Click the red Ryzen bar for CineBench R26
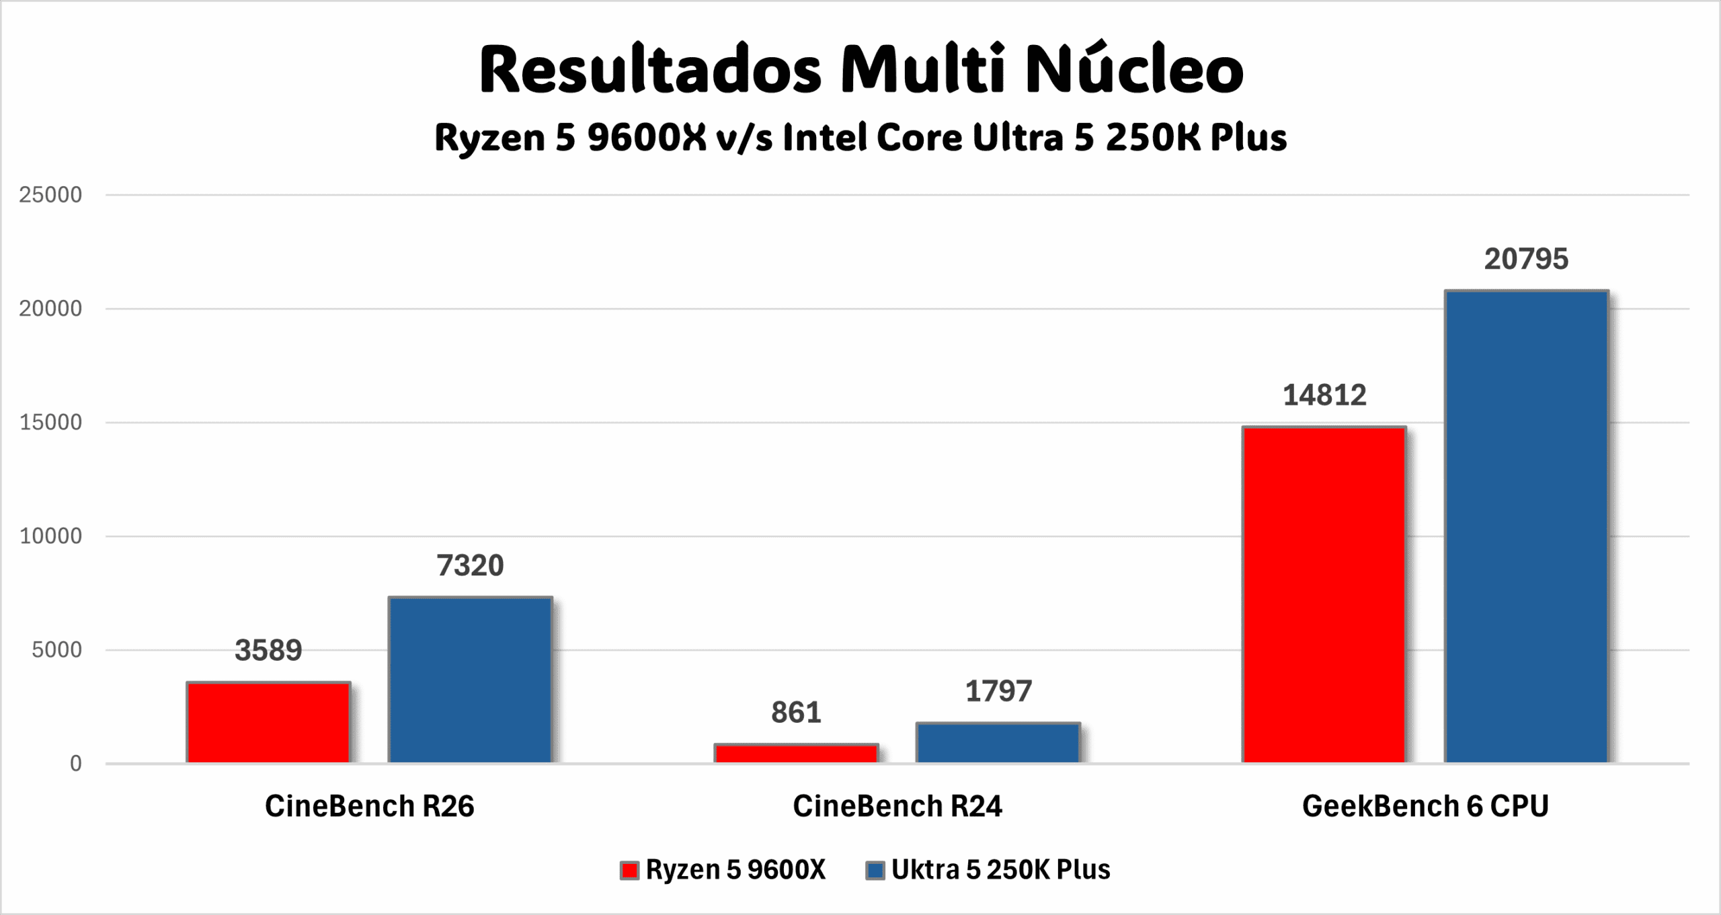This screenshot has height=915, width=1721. pos(268,723)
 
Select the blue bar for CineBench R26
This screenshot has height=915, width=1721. pos(470,680)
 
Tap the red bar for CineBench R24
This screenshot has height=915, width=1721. pos(796,754)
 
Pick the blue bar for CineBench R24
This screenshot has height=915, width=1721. pos(998,743)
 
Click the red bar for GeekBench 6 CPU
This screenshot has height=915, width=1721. pos(1324,594)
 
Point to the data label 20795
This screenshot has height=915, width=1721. pos(1526,260)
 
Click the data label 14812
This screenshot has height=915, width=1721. pos(1324,395)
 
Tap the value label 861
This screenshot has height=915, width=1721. pos(796,713)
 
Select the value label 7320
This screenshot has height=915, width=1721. pos(470,565)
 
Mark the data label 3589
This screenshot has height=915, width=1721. pos(268,650)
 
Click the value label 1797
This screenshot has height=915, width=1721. pos(998,691)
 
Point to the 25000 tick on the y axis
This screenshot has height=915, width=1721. pos(50,195)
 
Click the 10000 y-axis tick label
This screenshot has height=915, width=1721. pos(50,536)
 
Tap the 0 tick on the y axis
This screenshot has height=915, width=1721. pos(76,764)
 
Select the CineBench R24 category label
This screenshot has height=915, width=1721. pos(897,806)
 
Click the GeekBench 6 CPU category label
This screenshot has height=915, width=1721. pos(1425,806)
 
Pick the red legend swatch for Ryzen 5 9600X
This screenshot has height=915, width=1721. pos(629,871)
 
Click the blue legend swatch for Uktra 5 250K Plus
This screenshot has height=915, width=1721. pos(875,871)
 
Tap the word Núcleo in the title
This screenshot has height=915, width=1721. pos(1134,71)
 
